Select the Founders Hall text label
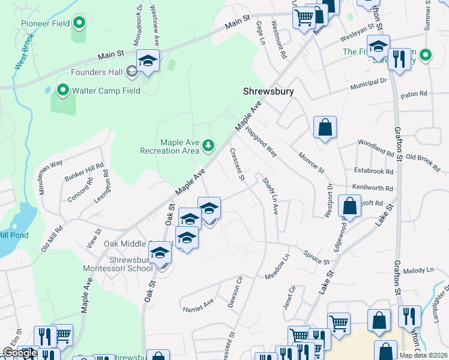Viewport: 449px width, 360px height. tap(97, 72)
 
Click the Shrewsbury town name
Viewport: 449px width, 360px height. tap(268, 92)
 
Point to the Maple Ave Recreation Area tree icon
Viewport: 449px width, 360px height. tap(208, 145)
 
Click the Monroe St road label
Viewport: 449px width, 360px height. tap(310, 163)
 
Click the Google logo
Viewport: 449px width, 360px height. tap(20, 353)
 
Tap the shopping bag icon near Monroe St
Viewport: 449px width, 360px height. tap(325, 127)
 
